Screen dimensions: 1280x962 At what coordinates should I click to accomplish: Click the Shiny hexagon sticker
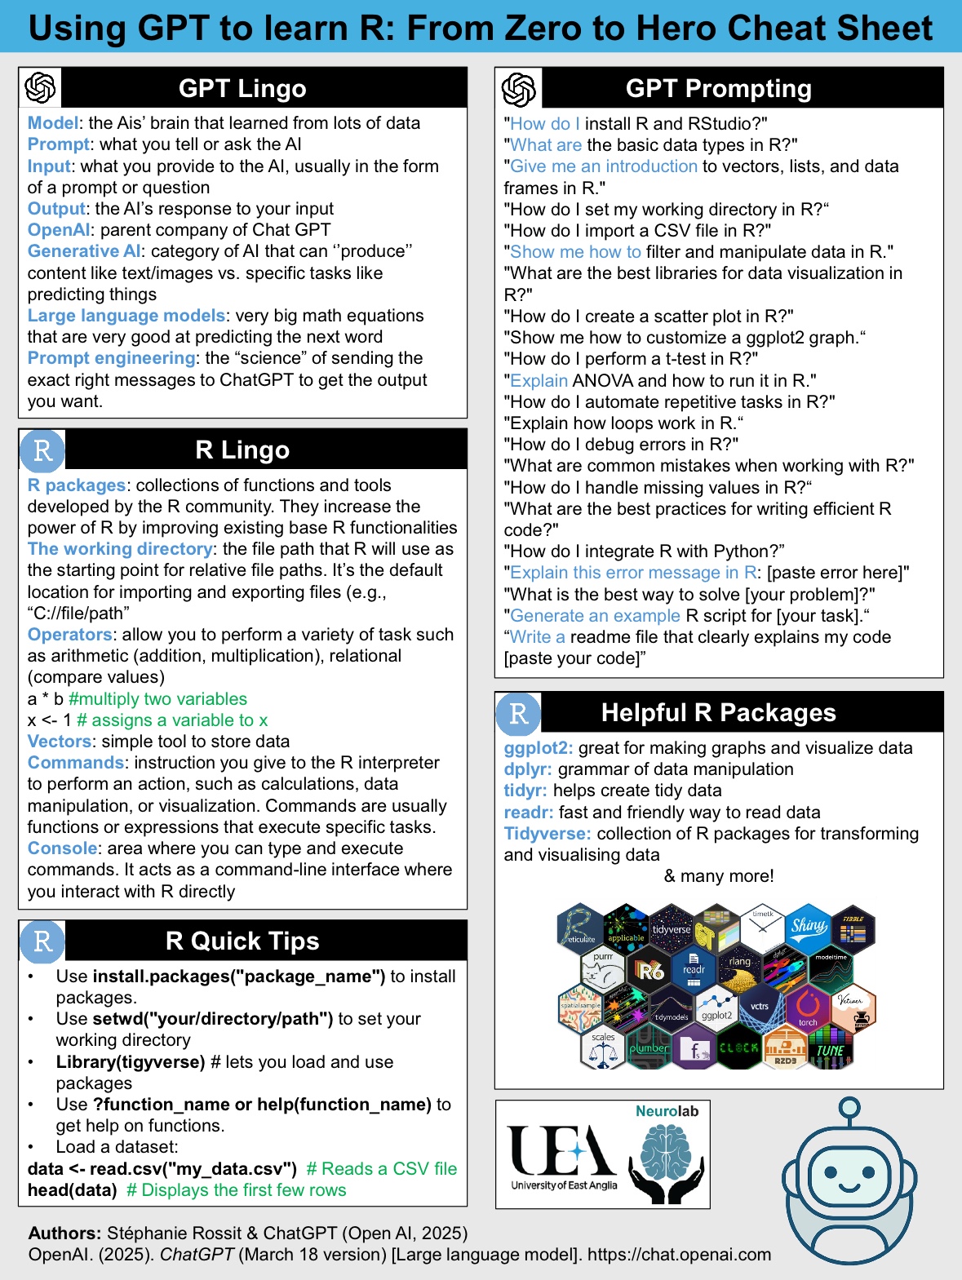click(808, 926)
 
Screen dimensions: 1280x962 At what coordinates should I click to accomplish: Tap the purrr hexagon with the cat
click(602, 969)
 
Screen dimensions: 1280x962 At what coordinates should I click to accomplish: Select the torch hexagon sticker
click(808, 1008)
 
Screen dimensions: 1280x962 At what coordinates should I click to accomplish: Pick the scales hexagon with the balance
click(603, 1049)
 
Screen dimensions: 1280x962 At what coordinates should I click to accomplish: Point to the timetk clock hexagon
click(763, 928)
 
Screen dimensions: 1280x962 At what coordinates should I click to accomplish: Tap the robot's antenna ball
click(849, 1107)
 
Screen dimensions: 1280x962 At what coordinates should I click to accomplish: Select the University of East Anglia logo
click(563, 1155)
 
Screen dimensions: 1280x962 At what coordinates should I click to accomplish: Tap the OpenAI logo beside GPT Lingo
click(40, 87)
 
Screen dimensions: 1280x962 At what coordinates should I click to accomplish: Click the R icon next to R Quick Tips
click(42, 941)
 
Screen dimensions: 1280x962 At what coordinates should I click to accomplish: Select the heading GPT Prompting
click(718, 88)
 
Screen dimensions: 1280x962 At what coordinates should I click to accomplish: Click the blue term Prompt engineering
click(111, 358)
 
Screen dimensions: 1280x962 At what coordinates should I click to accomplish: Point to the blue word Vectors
click(60, 742)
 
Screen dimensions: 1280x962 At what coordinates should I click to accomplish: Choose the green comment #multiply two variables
click(157, 699)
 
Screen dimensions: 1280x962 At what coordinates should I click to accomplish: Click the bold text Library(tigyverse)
click(130, 1062)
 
